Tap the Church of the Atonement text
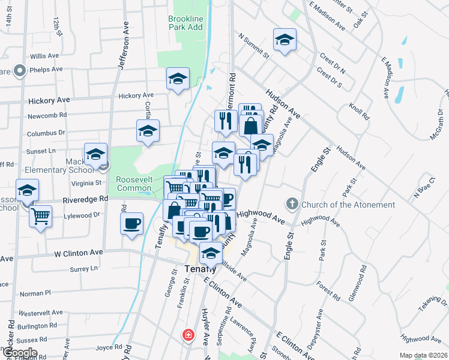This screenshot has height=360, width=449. pyautogui.click(x=348, y=205)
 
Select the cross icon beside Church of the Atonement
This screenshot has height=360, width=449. pyautogui.click(x=292, y=204)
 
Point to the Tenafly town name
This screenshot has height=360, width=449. pyautogui.click(x=200, y=268)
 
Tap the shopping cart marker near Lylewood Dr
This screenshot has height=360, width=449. pyautogui.click(x=41, y=215)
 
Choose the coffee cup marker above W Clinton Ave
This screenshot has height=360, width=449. pyautogui.click(x=131, y=224)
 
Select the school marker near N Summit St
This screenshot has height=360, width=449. pyautogui.click(x=285, y=40)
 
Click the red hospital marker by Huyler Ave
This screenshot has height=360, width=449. pyautogui.click(x=188, y=334)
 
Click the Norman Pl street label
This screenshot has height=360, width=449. pyautogui.click(x=35, y=294)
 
